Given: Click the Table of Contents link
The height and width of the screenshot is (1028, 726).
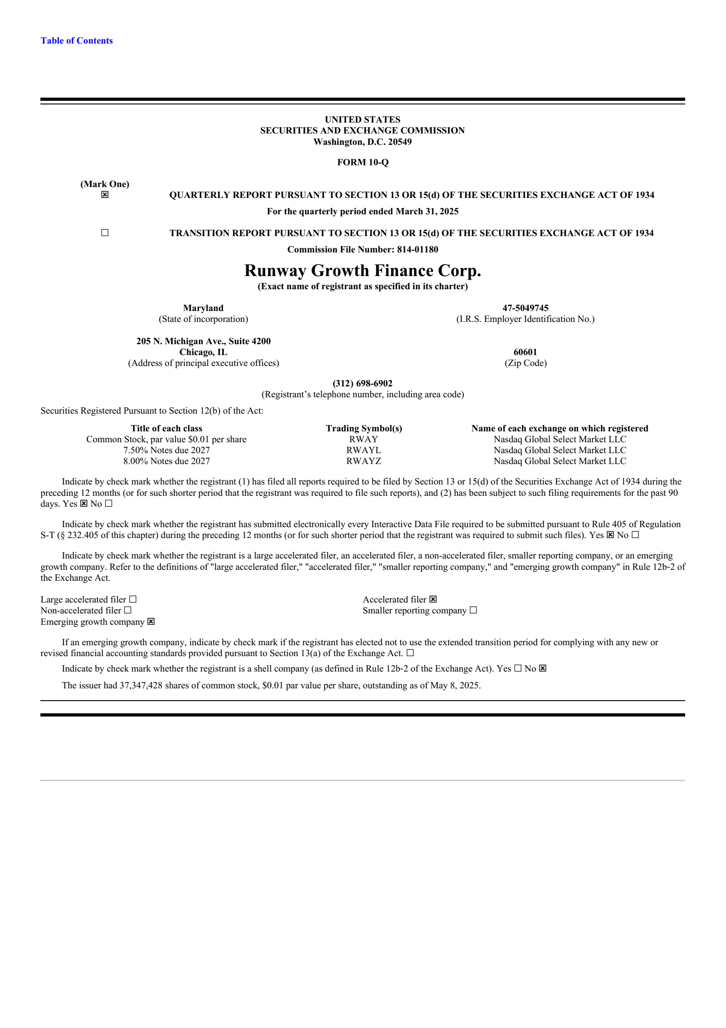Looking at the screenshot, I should click(x=76, y=41).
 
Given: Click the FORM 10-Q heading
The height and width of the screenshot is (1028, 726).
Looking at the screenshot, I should click(x=363, y=162).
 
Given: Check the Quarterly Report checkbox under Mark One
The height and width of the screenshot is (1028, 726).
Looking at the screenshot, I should click(x=105, y=195).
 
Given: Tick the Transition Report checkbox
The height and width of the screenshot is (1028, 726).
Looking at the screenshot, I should click(x=105, y=233).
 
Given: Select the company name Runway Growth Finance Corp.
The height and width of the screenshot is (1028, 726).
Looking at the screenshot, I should click(x=363, y=271).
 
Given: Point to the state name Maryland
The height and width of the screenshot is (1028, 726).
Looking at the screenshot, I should click(x=203, y=308).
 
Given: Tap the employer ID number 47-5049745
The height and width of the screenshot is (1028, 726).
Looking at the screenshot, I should click(x=525, y=308).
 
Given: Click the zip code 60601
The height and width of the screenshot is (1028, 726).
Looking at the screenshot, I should click(x=525, y=352).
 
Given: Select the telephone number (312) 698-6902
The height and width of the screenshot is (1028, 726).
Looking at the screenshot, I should click(x=363, y=383).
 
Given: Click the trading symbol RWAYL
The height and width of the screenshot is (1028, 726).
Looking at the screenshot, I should click(x=363, y=450).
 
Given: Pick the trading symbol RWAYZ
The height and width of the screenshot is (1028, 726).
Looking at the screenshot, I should click(x=363, y=461).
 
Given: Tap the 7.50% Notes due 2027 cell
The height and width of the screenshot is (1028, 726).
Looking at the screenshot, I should click(x=167, y=450).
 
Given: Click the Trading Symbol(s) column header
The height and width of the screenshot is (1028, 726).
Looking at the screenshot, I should click(x=363, y=428).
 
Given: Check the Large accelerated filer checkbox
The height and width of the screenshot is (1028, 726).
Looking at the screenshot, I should click(x=133, y=599).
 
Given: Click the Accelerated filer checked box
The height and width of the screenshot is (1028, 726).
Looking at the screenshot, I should click(x=433, y=599).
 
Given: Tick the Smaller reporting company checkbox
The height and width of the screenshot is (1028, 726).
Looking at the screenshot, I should click(x=473, y=610).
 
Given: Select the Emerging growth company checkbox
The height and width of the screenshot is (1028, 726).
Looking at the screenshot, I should click(x=151, y=622).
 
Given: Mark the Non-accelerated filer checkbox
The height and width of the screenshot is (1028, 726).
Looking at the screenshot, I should click(x=128, y=610).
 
